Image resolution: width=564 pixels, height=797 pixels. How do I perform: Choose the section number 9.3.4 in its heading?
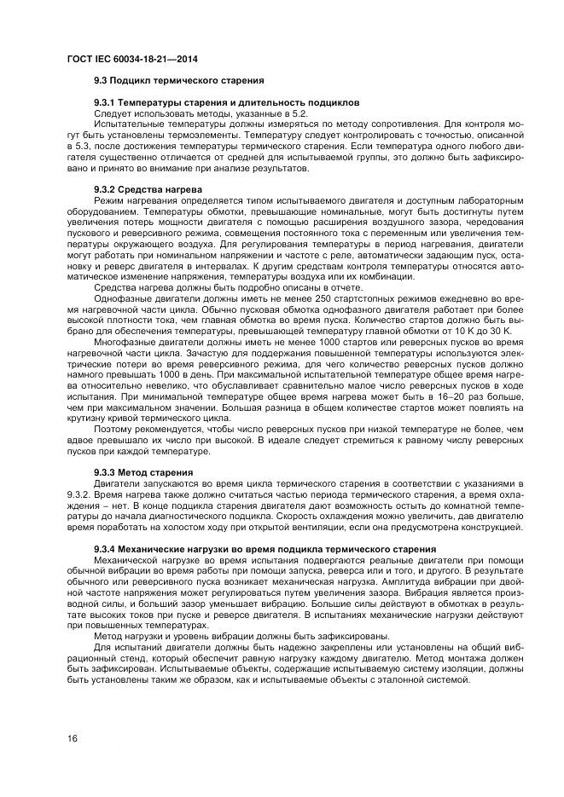[105, 547]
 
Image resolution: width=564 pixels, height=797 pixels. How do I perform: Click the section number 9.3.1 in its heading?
[105, 102]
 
